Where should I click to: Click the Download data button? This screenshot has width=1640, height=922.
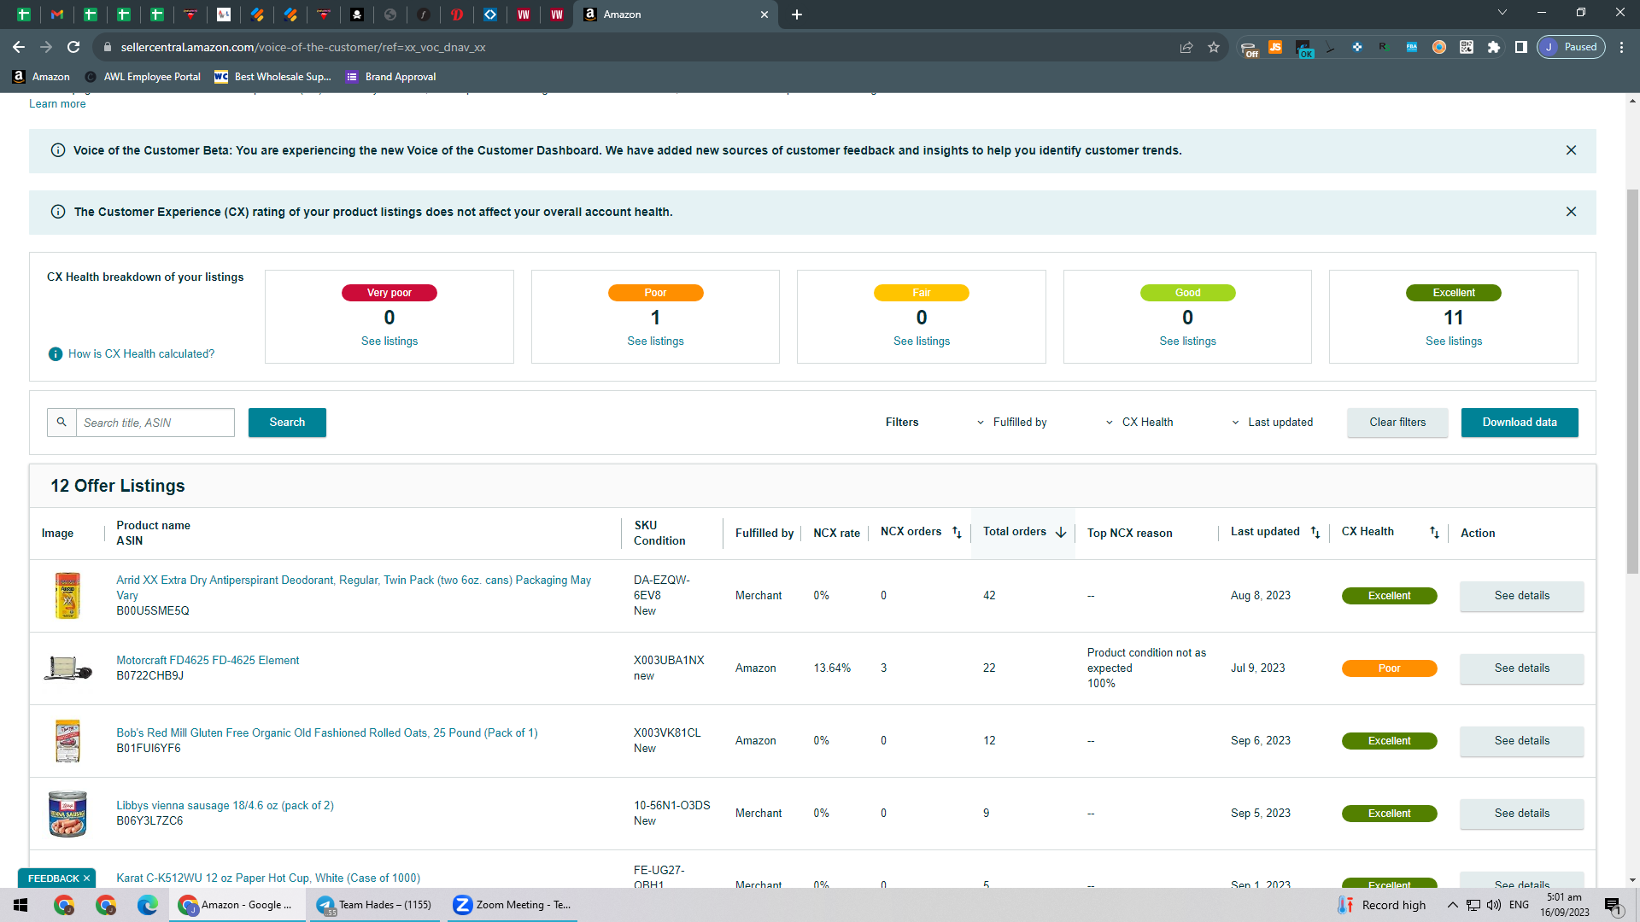pos(1519,423)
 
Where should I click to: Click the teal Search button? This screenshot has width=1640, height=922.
pos(287,423)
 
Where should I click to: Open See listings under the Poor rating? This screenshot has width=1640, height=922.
pos(655,341)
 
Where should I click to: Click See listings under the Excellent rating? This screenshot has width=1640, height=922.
pos(1454,341)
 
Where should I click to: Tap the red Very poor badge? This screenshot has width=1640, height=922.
pos(389,293)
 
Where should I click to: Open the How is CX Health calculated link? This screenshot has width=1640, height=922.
pos(141,354)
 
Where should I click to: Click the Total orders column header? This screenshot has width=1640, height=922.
pos(1015,532)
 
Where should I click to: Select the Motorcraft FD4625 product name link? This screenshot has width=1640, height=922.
pos(208,661)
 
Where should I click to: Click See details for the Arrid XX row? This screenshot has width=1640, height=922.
pos(1521,596)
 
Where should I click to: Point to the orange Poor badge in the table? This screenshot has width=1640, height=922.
pos(1389,668)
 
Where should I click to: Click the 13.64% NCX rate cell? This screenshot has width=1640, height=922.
pos(832,668)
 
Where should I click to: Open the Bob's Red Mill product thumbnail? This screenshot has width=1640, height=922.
pos(67,741)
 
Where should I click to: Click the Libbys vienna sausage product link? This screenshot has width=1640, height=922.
pos(225,806)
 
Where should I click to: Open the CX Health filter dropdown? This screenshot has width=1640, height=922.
pos(1139,423)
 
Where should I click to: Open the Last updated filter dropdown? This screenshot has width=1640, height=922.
pos(1273,423)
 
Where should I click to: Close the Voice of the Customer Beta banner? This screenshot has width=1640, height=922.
pos(1571,150)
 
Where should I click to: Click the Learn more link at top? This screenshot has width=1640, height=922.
pos(57,104)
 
